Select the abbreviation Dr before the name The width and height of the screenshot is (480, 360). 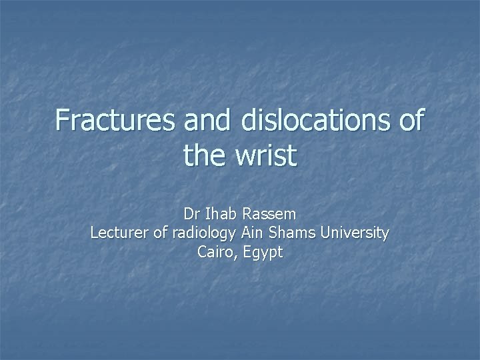pos(191,215)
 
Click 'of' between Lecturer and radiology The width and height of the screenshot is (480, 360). pos(160,233)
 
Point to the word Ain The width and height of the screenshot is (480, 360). pos(251,233)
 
